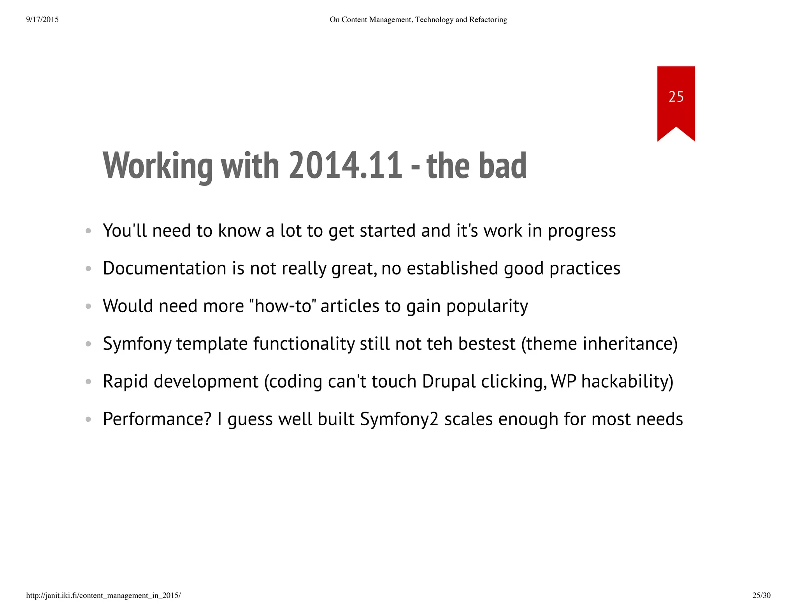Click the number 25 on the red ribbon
tap(676, 96)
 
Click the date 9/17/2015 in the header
tap(42, 19)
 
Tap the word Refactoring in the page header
tap(488, 19)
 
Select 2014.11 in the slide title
tap(346, 166)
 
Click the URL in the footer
tap(103, 595)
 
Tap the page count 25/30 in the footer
tap(761, 595)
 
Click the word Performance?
tap(157, 419)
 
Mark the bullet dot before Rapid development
tap(88, 382)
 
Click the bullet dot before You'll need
tap(88, 231)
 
